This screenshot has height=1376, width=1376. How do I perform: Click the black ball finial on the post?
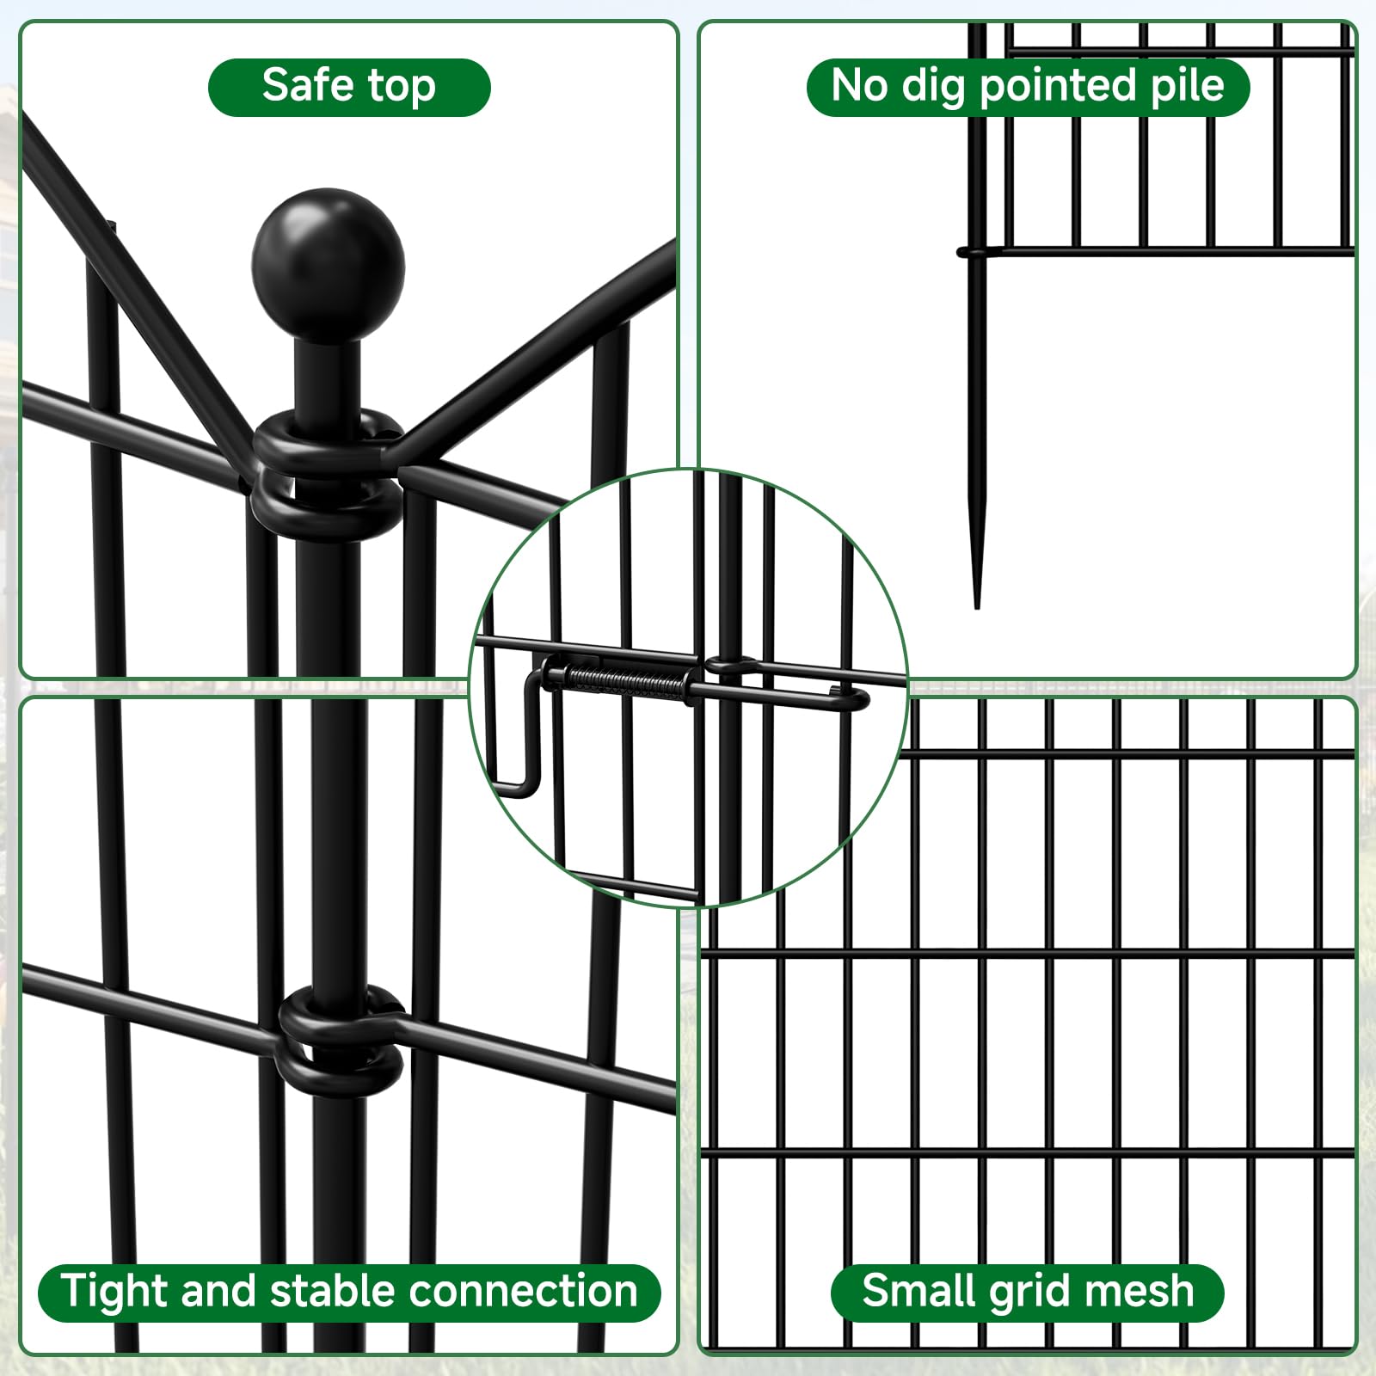328,265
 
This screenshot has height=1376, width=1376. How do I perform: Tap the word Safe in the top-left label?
306,85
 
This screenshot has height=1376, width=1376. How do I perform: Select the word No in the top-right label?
859,85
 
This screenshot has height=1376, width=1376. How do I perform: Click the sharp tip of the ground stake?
976,605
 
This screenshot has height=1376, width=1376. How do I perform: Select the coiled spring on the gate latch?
625,682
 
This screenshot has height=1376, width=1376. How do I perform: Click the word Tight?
114,1293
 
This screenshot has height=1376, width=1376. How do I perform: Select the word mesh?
1138,1291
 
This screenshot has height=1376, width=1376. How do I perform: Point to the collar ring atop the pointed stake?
974,252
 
